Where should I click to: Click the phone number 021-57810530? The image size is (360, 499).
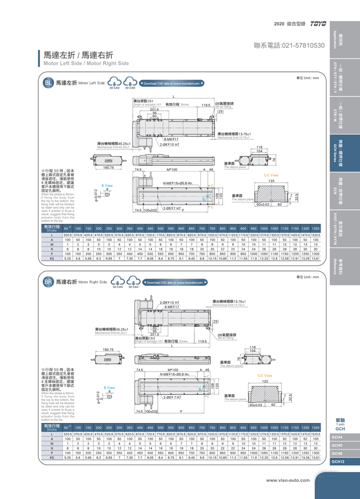pyautogui.click(x=289, y=45)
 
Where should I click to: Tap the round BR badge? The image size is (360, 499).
pyautogui.click(x=49, y=282)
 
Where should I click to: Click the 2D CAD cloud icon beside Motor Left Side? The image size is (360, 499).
pyautogui.click(x=115, y=84)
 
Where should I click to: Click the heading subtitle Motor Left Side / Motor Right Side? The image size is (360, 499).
pyautogui.click(x=86, y=64)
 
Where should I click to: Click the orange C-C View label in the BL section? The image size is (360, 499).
pyautogui.click(x=271, y=175)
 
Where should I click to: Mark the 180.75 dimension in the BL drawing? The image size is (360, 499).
pyautogui.click(x=109, y=167)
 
